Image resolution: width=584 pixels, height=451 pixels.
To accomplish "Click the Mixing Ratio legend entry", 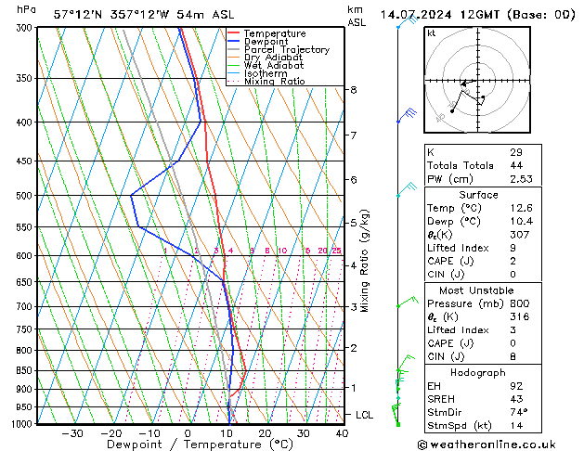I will [x=274, y=82].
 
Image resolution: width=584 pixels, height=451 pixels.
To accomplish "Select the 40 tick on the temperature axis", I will [x=342, y=433].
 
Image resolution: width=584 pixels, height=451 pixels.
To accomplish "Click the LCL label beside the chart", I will [x=365, y=415].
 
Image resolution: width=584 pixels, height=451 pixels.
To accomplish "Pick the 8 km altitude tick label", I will [x=353, y=90].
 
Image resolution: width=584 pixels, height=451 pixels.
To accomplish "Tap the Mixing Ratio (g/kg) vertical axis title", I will [x=366, y=260].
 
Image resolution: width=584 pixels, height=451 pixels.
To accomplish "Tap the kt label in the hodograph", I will [x=432, y=33].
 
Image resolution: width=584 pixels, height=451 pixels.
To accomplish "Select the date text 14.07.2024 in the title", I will [x=417, y=15].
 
